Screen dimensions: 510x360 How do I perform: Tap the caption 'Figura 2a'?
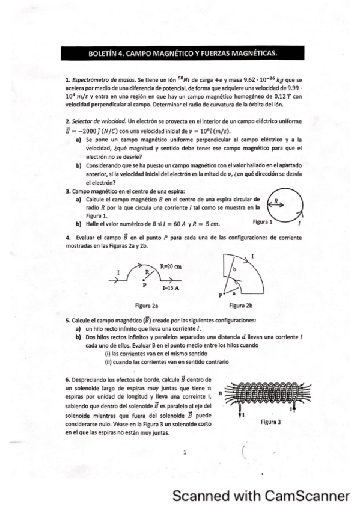point(147,305)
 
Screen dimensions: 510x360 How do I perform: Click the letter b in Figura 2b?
point(235,271)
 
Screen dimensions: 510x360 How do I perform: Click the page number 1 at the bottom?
point(186,452)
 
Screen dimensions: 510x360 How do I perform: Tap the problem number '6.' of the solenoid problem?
point(67,380)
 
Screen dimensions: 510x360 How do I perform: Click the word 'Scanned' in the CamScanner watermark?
point(198,496)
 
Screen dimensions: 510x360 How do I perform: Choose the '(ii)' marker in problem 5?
point(109,363)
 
